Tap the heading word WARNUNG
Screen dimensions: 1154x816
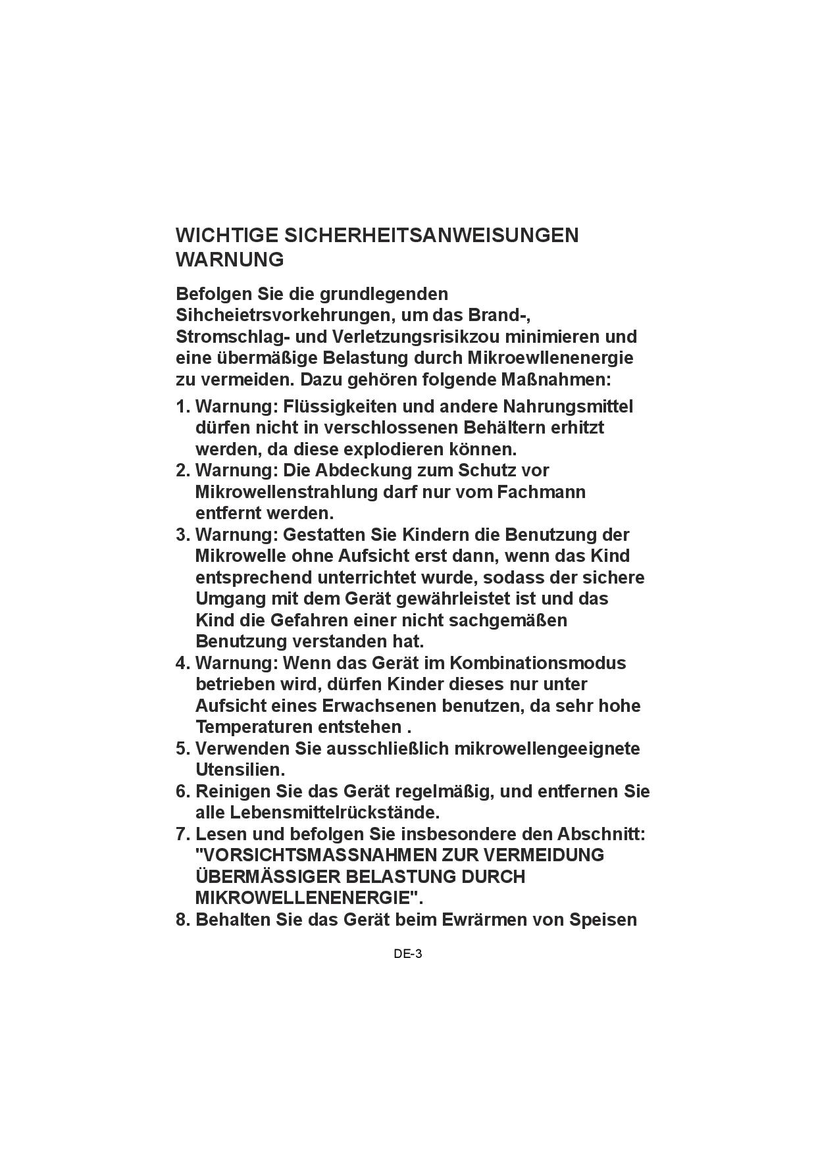230,260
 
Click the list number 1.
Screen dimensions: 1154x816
181,407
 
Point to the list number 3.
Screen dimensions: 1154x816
181,535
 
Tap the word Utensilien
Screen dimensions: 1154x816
240,770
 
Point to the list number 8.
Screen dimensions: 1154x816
181,920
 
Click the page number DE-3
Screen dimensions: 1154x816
407,953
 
